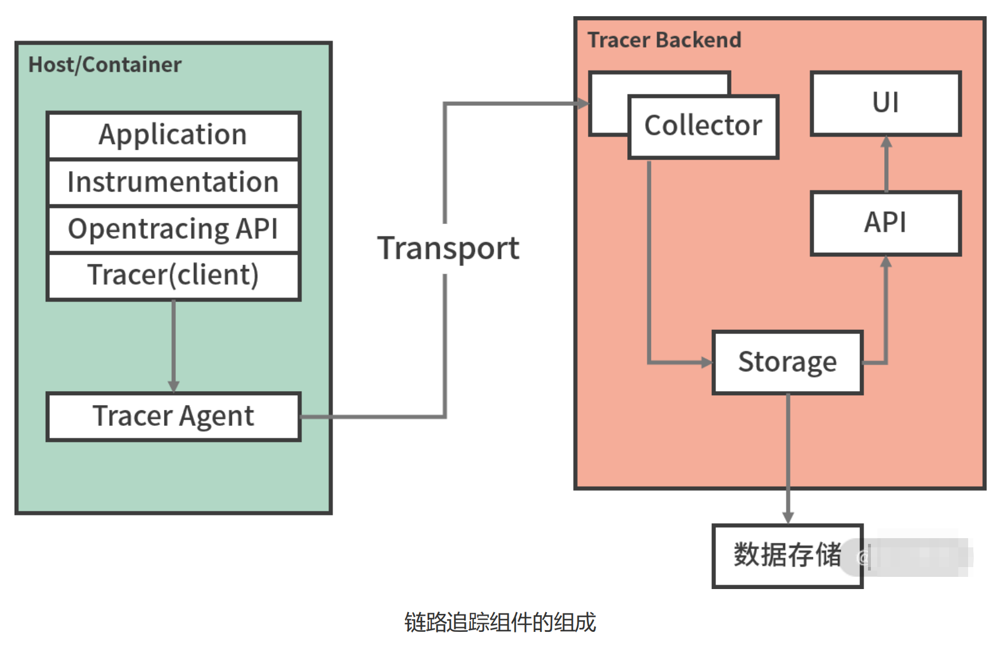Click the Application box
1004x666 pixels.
(x=173, y=135)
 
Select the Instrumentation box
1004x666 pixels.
(x=173, y=182)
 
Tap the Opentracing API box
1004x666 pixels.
(x=173, y=229)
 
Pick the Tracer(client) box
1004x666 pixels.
(x=173, y=275)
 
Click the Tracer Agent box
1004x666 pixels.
(x=173, y=417)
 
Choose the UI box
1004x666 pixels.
(x=885, y=104)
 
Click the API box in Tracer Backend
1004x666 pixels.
(x=885, y=223)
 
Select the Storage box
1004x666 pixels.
(x=787, y=362)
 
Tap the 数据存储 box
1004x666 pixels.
(x=787, y=555)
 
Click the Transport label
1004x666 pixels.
(x=448, y=249)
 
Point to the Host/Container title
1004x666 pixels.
(x=105, y=65)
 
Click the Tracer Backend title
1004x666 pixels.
(x=664, y=40)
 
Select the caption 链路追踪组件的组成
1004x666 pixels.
(x=500, y=623)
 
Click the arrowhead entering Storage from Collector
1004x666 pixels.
(x=707, y=363)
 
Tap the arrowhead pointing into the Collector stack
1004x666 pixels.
(x=583, y=104)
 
